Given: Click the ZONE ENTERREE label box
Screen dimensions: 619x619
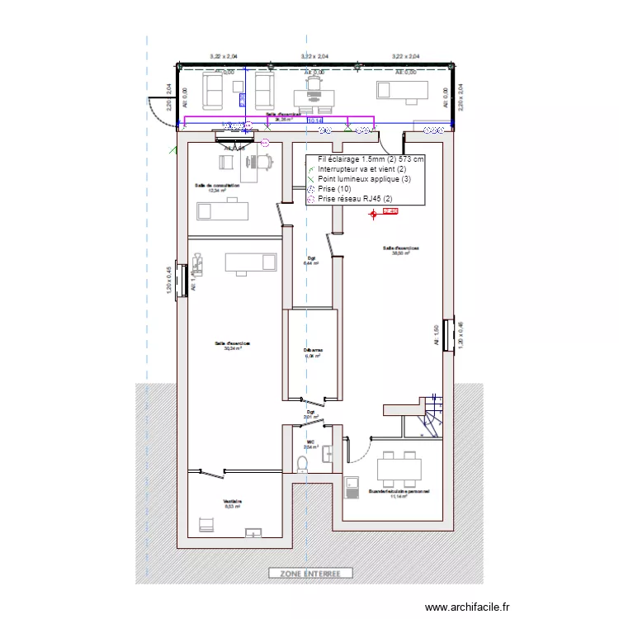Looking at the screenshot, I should (x=310, y=573).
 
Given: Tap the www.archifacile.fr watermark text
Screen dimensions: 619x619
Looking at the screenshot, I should (x=468, y=607).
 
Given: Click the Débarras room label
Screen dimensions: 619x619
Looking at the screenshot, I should (x=313, y=352).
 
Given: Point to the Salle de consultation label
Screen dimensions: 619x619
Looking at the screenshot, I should (x=217, y=187).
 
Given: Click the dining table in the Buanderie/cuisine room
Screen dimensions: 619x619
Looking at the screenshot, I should (x=399, y=469).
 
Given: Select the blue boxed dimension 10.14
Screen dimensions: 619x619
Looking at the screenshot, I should (x=315, y=120).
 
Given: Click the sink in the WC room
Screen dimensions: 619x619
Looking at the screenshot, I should (x=329, y=453).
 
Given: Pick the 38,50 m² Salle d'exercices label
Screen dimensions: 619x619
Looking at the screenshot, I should (x=401, y=250).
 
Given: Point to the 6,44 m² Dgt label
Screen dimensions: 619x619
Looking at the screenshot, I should (x=312, y=261).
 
